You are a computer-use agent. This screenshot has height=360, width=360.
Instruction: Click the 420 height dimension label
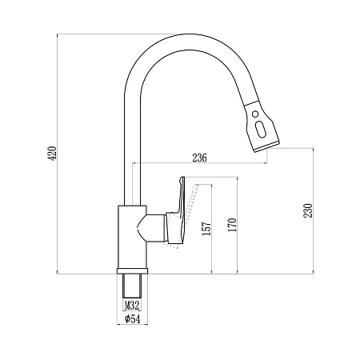(x=53, y=153)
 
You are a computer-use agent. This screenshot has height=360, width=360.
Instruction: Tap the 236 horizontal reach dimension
(x=199, y=158)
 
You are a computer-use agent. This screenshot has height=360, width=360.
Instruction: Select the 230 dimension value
(x=308, y=210)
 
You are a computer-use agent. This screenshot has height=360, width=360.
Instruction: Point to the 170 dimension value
(x=232, y=225)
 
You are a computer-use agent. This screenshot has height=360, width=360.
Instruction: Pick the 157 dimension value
(x=206, y=228)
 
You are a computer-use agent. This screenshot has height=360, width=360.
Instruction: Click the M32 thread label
(x=132, y=306)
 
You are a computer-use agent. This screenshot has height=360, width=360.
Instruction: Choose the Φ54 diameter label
(x=132, y=318)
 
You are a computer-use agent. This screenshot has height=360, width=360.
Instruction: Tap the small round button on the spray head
(x=255, y=114)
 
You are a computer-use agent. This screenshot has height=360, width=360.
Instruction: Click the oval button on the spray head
(x=260, y=130)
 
